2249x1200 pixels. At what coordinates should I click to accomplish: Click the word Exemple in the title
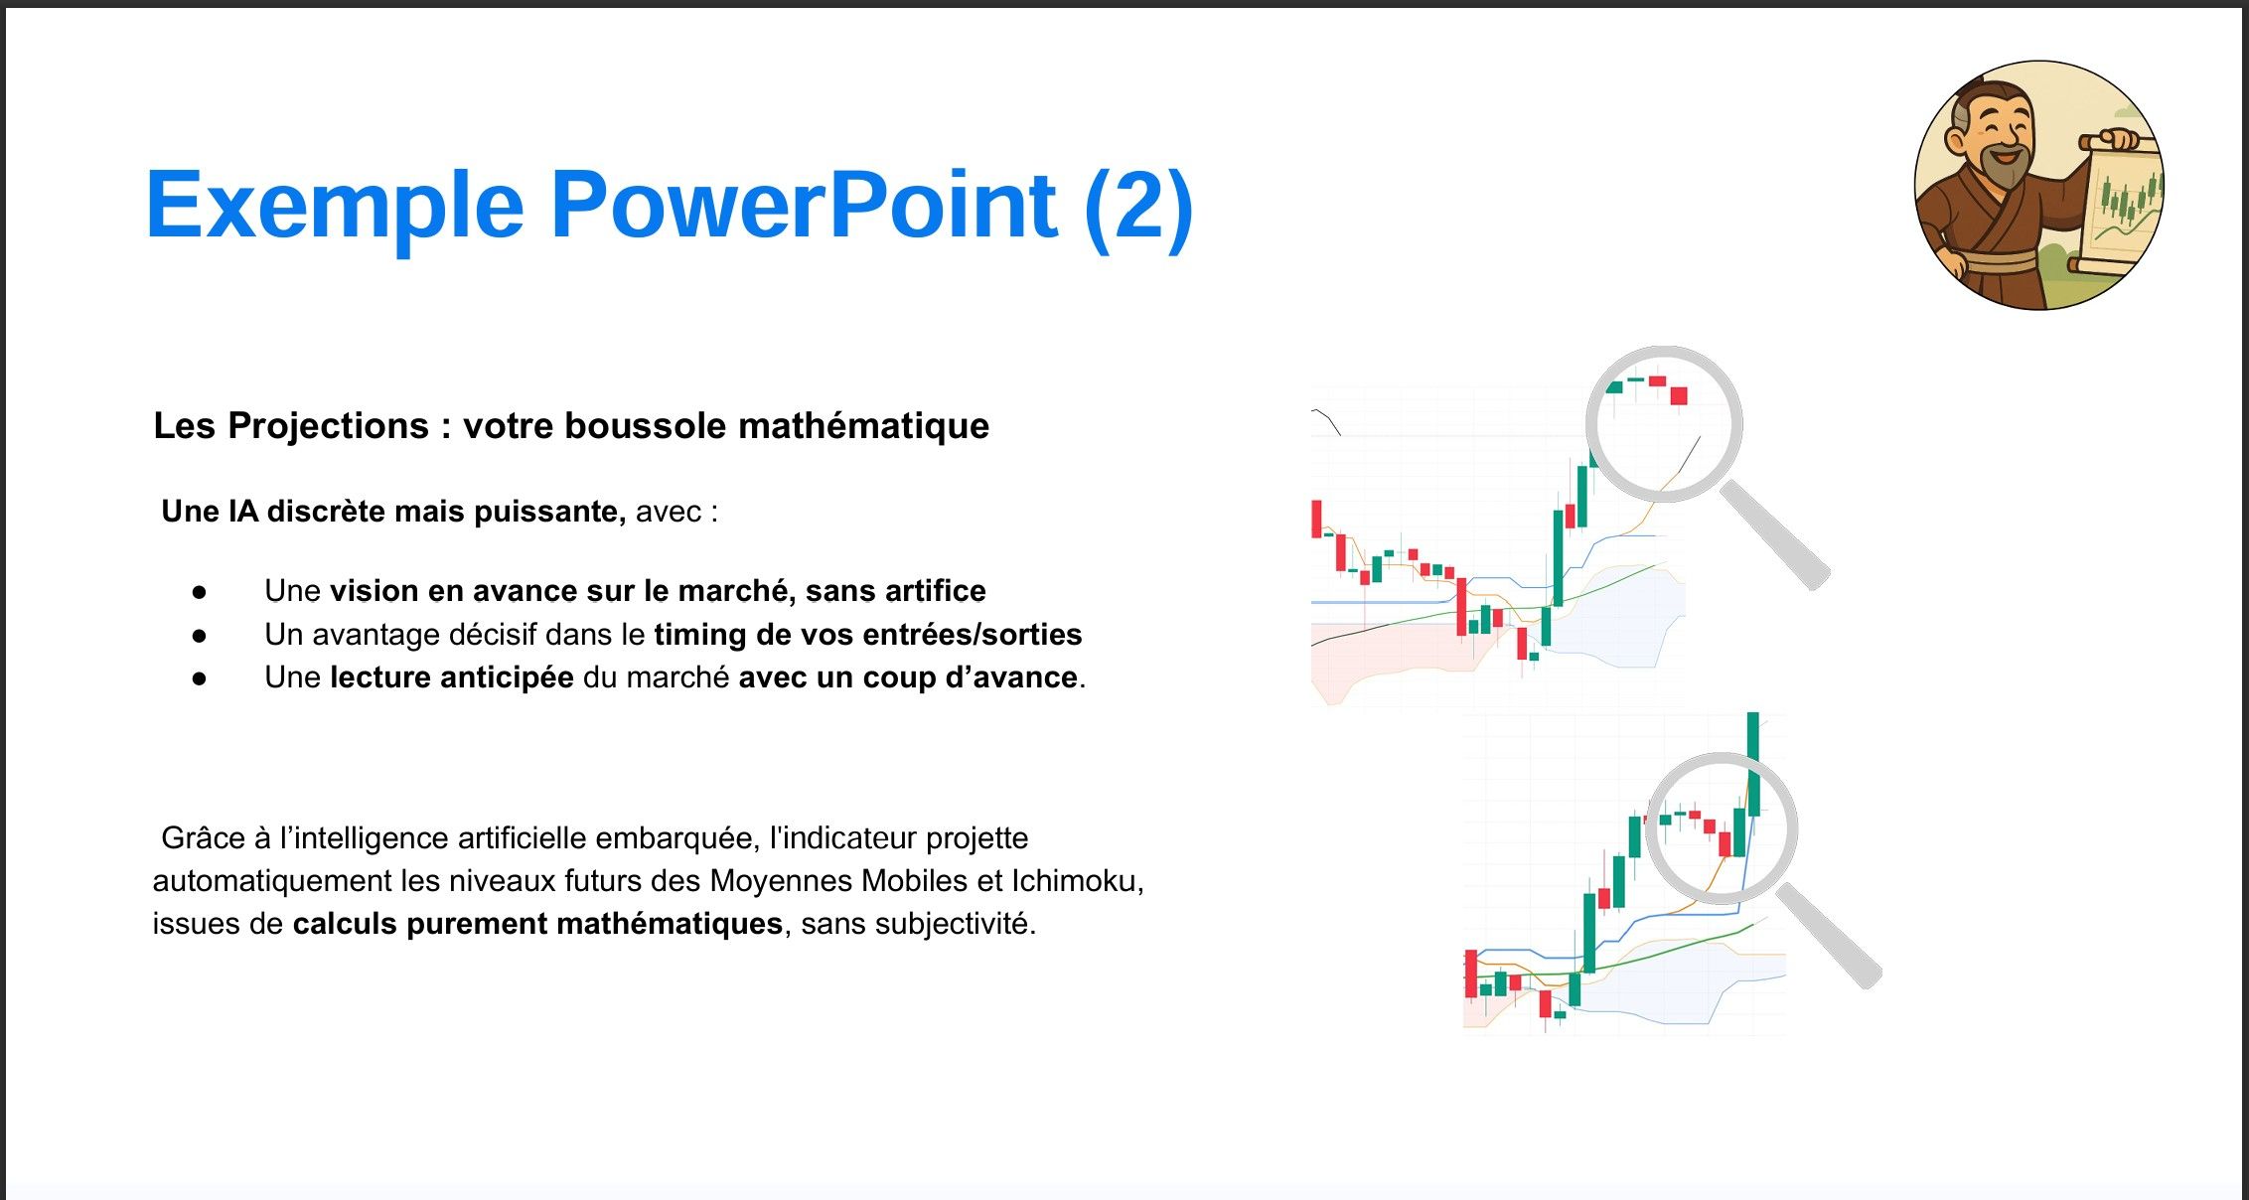point(335,207)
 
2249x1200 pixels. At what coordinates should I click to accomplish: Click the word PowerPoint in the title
point(804,205)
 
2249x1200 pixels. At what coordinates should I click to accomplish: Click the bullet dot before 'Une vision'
point(200,592)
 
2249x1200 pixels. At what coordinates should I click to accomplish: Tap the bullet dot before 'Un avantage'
point(200,635)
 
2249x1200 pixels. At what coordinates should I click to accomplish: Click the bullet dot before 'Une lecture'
point(200,678)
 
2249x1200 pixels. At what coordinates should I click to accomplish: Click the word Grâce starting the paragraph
point(203,839)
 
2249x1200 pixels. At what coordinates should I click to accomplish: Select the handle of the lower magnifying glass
point(1828,935)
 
